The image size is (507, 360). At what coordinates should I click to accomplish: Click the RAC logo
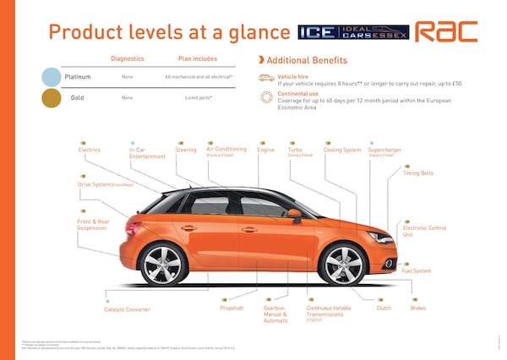pyautogui.click(x=457, y=31)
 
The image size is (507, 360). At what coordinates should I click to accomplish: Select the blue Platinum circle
pyautogui.click(x=52, y=77)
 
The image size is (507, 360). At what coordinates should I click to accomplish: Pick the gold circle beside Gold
pyautogui.click(x=52, y=98)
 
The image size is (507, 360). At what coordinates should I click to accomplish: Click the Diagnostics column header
pyautogui.click(x=128, y=59)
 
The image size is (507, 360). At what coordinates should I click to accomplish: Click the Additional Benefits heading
pyautogui.click(x=306, y=61)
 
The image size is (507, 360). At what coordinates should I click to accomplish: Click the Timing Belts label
pyautogui.click(x=418, y=173)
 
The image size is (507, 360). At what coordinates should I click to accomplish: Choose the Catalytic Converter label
pyautogui.click(x=127, y=310)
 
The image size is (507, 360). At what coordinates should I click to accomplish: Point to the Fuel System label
pyautogui.click(x=416, y=271)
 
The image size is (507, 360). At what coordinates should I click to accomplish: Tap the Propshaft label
pyautogui.click(x=232, y=308)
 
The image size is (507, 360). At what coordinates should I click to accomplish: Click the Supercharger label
pyautogui.click(x=384, y=150)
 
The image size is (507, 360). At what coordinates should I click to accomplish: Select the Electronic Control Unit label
pyautogui.click(x=424, y=231)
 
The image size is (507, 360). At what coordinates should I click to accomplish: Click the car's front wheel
pyautogui.click(x=343, y=264)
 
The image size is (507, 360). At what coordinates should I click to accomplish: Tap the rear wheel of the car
pyautogui.click(x=164, y=265)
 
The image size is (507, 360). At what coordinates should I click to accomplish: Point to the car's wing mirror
pyautogui.click(x=295, y=214)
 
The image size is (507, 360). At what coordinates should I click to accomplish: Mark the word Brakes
pyautogui.click(x=418, y=308)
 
